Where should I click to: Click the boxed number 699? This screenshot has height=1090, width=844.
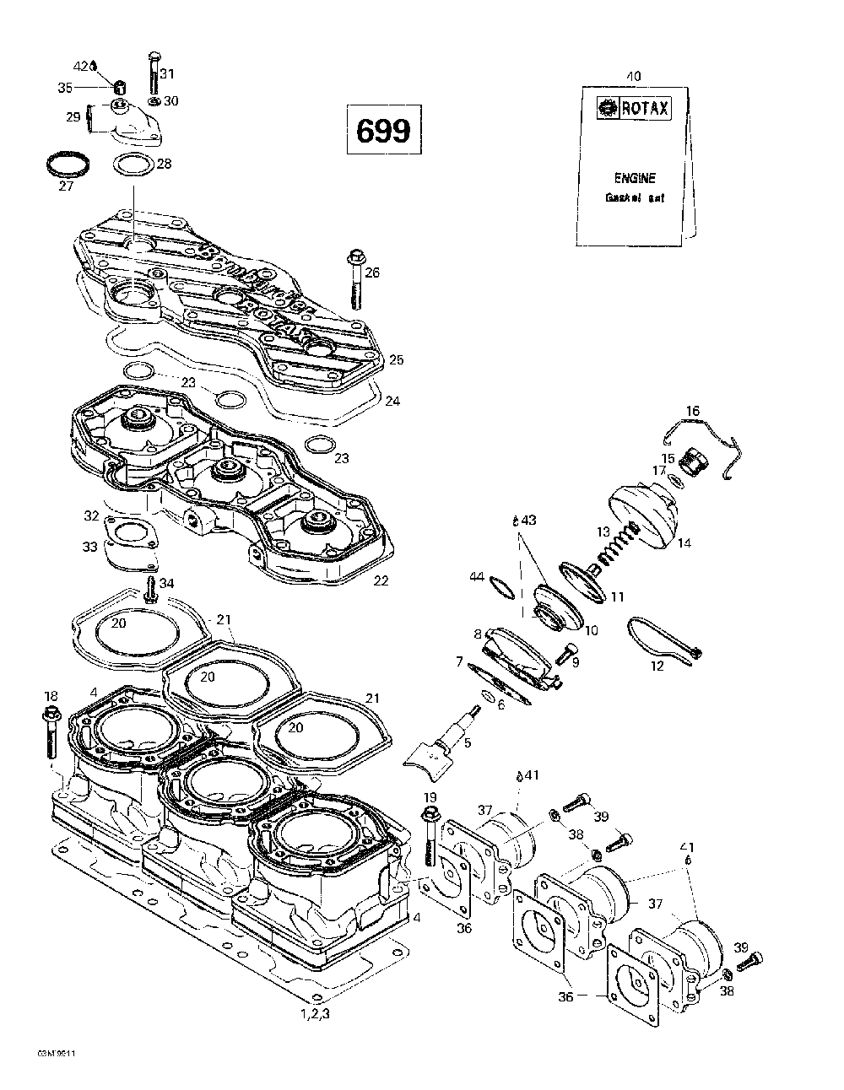pos(382,131)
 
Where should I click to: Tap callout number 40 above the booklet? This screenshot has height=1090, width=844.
pos(633,76)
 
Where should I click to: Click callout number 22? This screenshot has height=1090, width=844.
pos(381,580)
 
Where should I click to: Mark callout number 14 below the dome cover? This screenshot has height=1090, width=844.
pos(684,543)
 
